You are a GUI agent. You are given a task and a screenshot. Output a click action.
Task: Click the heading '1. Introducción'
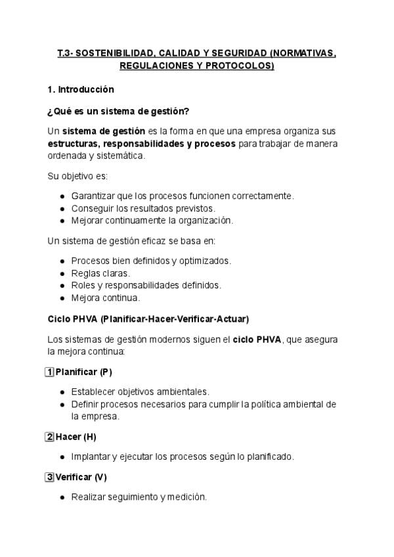point(81,89)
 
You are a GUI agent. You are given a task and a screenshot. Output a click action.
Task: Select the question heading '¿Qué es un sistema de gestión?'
point(118,110)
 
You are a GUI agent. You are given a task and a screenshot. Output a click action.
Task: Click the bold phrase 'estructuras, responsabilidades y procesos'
point(141,143)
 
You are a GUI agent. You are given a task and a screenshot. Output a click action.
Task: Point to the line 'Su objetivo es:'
point(78,177)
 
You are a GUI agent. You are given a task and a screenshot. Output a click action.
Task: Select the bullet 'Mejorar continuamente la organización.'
point(152,220)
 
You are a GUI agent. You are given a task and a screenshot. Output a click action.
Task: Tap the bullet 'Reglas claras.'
point(100,273)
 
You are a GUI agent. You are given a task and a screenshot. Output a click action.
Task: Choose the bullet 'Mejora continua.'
point(105,298)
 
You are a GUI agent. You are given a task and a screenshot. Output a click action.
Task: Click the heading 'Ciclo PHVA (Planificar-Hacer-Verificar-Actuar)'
point(148,319)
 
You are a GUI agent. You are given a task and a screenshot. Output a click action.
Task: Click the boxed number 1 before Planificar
point(49,372)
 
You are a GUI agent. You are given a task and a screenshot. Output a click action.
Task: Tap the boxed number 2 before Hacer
point(49,436)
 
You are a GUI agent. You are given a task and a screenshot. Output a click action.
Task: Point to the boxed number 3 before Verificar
point(49,477)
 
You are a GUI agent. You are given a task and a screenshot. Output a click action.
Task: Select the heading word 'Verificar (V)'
point(81,477)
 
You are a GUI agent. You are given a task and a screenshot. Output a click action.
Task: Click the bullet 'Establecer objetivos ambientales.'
point(140,391)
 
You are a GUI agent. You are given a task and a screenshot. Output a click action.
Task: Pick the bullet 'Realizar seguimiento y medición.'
point(139,497)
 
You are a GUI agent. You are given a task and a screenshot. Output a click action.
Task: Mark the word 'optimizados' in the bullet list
point(204,261)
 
